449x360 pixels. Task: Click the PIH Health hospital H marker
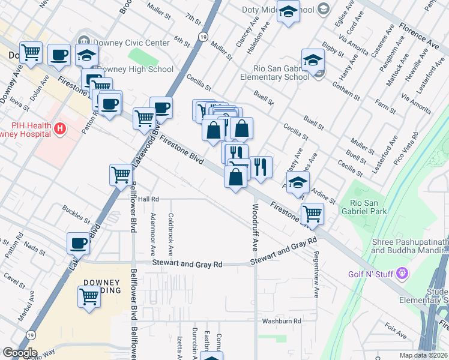[59, 128]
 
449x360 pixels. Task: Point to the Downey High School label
[134, 69]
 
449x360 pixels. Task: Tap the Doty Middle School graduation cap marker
[289, 13]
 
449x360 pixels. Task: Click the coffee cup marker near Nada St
[78, 244]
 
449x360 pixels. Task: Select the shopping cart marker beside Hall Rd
[121, 176]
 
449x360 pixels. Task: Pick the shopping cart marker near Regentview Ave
[312, 214]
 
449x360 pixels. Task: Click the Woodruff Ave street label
[255, 227]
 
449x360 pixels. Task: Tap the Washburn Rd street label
[281, 321]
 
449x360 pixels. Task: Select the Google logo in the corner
[20, 352]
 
